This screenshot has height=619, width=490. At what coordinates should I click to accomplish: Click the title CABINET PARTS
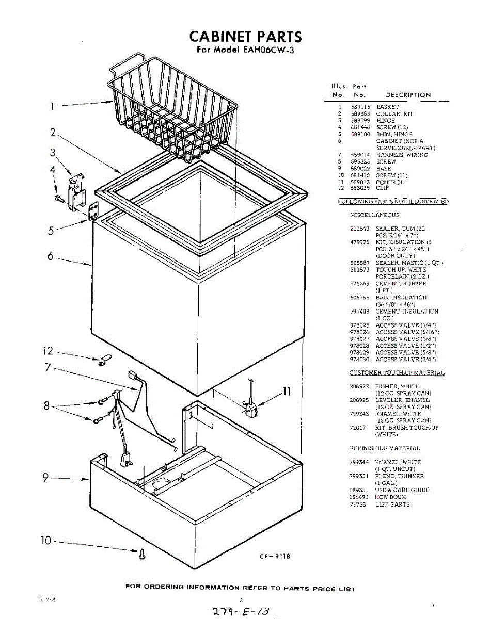(x=245, y=37)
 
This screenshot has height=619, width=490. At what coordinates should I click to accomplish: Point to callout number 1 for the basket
(x=52, y=106)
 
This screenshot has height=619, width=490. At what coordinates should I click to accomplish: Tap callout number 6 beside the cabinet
(x=51, y=256)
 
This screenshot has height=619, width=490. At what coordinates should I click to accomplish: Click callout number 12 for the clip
(x=48, y=352)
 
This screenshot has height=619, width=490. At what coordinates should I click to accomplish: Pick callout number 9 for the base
(x=45, y=478)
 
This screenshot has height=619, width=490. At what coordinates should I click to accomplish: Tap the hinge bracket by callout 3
(x=76, y=193)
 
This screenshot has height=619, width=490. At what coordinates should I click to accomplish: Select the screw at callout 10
(x=142, y=556)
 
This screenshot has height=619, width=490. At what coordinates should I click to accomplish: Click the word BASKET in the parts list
(x=387, y=107)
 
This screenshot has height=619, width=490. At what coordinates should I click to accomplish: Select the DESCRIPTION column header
(x=408, y=95)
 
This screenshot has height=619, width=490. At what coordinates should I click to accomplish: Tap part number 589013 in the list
(x=360, y=182)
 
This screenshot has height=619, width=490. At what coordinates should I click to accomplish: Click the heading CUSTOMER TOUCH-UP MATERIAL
(x=397, y=373)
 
